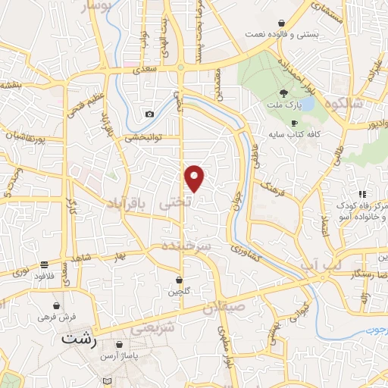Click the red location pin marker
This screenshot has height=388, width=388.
click(x=195, y=177)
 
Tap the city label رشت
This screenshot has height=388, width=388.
click(x=80, y=340)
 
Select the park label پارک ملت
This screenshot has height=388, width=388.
click(x=283, y=100)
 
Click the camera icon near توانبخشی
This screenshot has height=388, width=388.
click(x=149, y=114)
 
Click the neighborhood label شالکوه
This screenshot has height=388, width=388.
click(x=359, y=103)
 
